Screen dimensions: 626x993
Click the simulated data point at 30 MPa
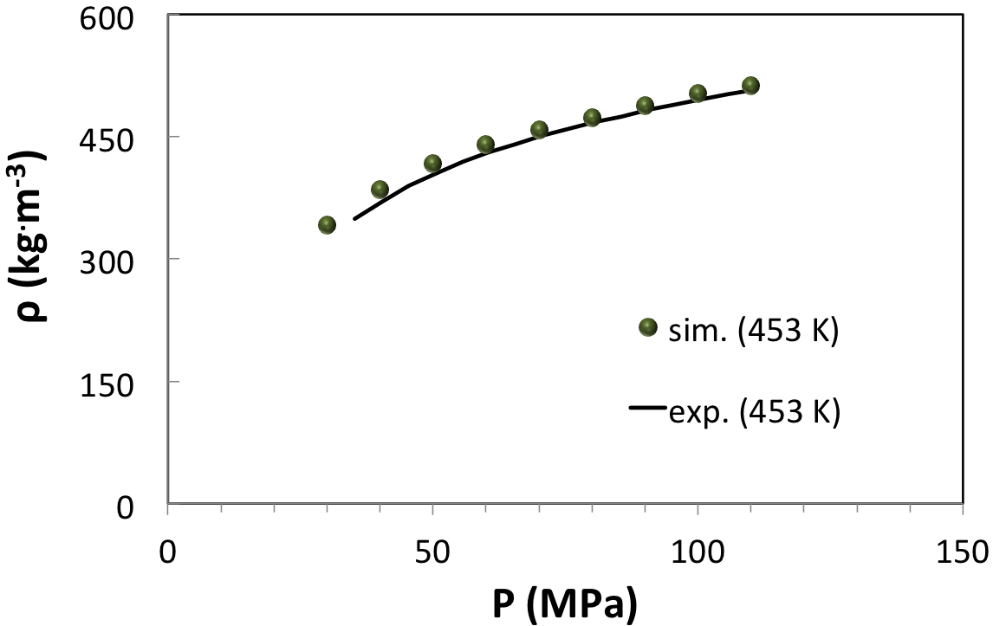pyautogui.click(x=327, y=225)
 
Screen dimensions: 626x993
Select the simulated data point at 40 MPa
pyautogui.click(x=380, y=190)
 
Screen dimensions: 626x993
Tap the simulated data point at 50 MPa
pyautogui.click(x=432, y=164)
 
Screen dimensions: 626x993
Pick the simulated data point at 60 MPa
pyautogui.click(x=485, y=145)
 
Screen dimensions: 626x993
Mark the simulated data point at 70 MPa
pyautogui.click(x=539, y=130)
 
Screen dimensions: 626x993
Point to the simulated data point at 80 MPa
pyautogui.click(x=592, y=118)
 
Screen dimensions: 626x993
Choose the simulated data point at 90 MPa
pyautogui.click(x=645, y=106)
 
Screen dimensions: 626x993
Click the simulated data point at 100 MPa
pyautogui.click(x=698, y=94)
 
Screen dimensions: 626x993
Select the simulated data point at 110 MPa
pyautogui.click(x=750, y=85)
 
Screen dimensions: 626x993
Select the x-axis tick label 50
pyautogui.click(x=432, y=551)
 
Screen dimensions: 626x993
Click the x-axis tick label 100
pyautogui.click(x=698, y=551)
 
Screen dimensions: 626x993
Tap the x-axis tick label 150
pyautogui.click(x=963, y=551)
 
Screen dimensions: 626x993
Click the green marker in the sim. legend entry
pyautogui.click(x=647, y=327)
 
